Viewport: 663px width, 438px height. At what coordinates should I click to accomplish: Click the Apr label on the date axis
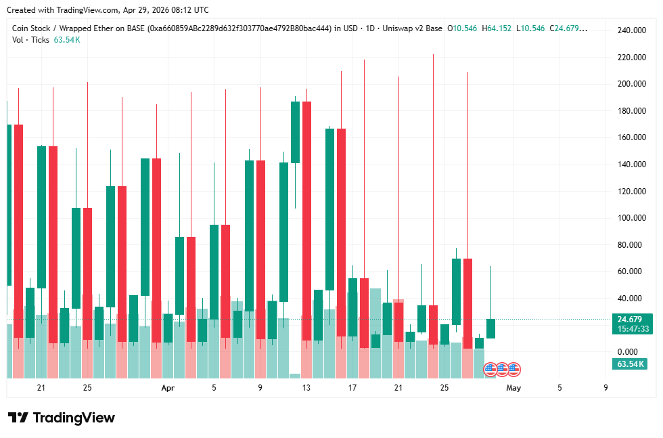[x=168, y=388]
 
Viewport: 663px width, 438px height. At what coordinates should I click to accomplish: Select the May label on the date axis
[x=513, y=388]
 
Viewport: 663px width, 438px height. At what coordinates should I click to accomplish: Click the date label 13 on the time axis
[x=306, y=388]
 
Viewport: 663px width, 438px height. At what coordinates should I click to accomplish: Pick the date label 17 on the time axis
[x=352, y=388]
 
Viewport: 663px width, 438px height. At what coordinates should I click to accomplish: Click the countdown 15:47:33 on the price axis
[x=633, y=329]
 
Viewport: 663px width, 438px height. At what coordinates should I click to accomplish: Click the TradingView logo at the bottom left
[x=61, y=418]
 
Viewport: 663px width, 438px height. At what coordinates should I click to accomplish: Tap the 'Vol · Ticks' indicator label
[x=30, y=40]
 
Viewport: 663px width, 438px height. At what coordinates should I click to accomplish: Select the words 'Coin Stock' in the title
[x=31, y=28]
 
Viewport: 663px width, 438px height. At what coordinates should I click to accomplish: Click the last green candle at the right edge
[x=490, y=328]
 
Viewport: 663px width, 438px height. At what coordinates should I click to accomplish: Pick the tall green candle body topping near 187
[x=295, y=132]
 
